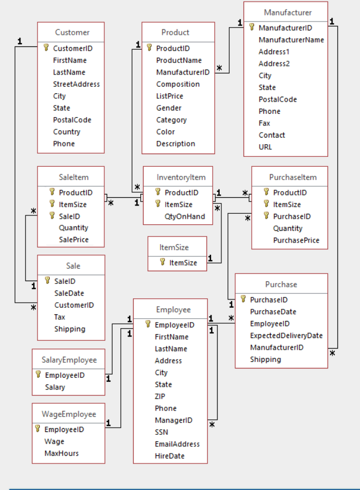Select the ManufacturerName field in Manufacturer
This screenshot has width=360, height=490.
pos(291,40)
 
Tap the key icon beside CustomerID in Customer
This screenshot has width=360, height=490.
pos(46,48)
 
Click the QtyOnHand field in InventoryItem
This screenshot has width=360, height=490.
pos(184,217)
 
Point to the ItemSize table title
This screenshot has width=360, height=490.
pos(174,247)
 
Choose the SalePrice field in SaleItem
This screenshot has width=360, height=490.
pos(73,240)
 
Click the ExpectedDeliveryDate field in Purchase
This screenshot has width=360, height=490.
pos(286,335)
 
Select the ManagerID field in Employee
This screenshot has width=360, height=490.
pos(173,420)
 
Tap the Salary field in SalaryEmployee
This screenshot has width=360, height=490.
pos(55,387)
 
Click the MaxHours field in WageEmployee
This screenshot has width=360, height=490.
pos(61,454)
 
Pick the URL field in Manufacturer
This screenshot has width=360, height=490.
pos(265,147)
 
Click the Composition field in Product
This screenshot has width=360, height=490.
pos(178,84)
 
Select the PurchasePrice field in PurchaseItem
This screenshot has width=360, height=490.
pos(296,240)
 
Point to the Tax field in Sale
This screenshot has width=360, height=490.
pos(60,317)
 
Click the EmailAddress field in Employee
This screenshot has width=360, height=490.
pos(177,444)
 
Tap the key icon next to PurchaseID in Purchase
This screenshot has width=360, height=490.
pos(243,299)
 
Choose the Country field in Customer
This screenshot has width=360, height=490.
pos(66,131)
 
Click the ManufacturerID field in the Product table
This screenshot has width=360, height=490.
pos(183,72)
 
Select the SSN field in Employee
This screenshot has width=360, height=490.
pos(161,432)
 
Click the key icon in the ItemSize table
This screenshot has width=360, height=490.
pos(162,262)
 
